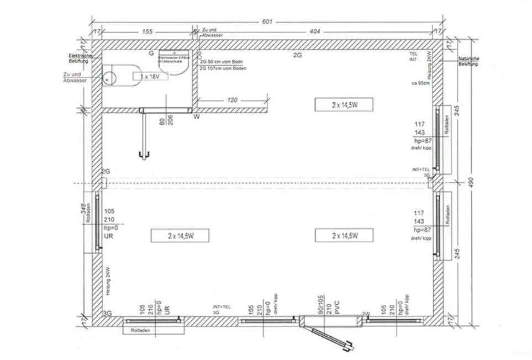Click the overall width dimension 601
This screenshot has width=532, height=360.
tap(267, 22)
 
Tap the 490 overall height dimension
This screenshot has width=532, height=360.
tap(471, 182)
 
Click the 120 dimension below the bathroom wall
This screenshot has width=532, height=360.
tap(232, 101)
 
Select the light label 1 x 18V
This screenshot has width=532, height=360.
tap(149, 76)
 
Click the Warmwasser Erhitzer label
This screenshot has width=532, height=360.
tap(174, 60)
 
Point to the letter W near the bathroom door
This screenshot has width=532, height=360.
tap(196, 117)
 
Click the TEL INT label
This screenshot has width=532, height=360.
tap(413, 56)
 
